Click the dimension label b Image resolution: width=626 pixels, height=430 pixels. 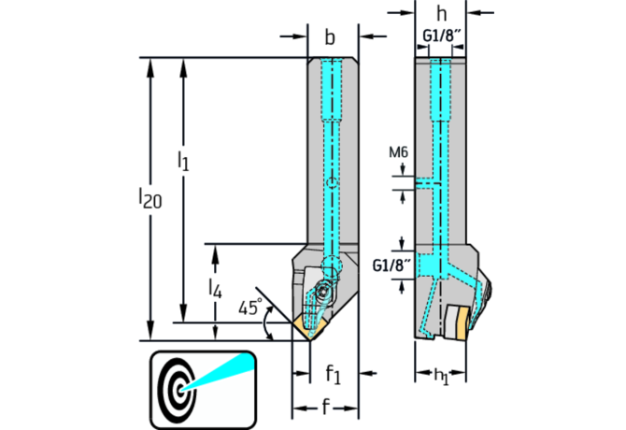330,38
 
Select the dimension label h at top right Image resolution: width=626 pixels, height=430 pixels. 440,15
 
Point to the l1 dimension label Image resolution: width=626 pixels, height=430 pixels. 183,162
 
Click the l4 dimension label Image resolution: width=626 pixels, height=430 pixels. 215,290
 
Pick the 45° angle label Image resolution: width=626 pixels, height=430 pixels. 249,308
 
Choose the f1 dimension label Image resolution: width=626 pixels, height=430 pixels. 333,373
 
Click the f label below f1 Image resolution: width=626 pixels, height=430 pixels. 324,408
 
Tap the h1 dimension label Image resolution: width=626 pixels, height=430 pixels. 441,375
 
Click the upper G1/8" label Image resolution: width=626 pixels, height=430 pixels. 439,37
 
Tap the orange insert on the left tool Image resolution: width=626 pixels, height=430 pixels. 309,324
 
